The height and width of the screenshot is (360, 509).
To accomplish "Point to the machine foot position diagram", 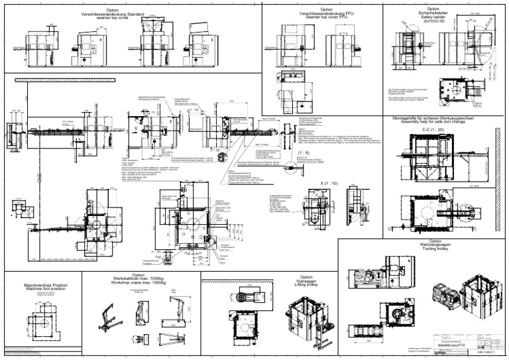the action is [44, 320].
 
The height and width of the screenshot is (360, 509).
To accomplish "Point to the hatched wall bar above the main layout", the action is [133, 80].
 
